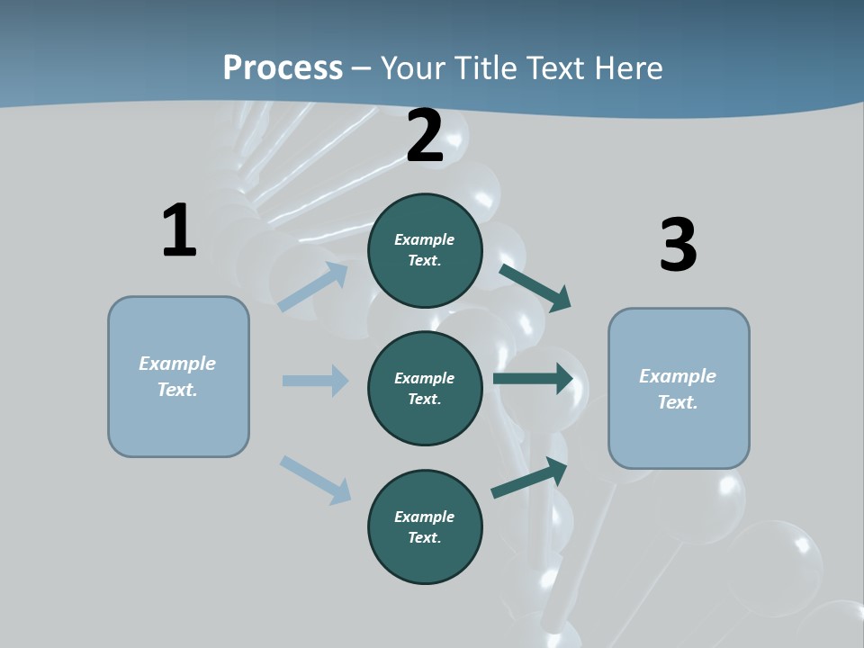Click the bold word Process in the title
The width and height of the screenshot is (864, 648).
283,68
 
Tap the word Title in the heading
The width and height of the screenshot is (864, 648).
485,68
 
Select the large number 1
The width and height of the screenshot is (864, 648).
179,230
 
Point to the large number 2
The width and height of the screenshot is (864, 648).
425,137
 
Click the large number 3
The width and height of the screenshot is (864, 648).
678,246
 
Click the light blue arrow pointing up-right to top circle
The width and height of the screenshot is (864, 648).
313,286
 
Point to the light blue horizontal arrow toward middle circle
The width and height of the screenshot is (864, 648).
315,381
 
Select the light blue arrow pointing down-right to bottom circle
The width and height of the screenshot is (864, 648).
315,479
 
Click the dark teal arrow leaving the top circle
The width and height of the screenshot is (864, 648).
535,287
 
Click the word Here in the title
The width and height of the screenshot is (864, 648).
628,68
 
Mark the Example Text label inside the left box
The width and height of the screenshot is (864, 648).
177,376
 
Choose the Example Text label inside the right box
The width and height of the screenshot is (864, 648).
678,389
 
